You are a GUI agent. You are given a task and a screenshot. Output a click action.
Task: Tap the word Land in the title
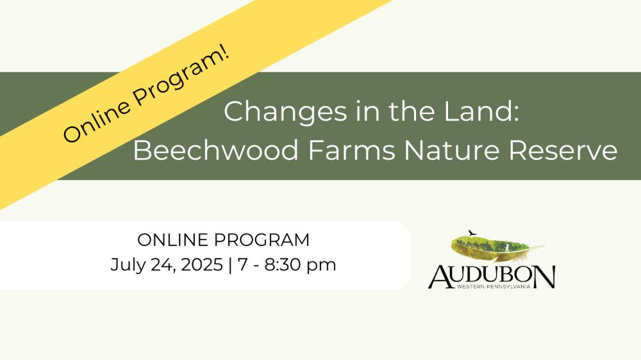[x=482, y=111]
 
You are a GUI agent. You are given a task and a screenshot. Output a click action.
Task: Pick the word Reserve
[x=563, y=150]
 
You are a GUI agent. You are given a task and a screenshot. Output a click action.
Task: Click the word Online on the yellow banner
[x=97, y=119]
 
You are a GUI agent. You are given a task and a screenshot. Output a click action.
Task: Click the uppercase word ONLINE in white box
[x=172, y=240]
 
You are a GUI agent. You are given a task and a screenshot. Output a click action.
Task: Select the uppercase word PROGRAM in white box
[x=262, y=240]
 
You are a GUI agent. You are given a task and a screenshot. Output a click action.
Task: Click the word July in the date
[x=126, y=265]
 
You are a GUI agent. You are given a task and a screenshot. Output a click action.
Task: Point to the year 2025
[x=202, y=265]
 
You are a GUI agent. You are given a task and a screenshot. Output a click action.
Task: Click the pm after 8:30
[x=321, y=266]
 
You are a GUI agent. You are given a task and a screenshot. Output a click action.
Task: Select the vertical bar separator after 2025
[x=230, y=265]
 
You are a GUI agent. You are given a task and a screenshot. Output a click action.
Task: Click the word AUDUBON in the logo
[x=492, y=277]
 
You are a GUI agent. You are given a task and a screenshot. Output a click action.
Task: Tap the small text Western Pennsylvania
[x=494, y=287]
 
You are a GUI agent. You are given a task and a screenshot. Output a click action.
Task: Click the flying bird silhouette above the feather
[x=472, y=233]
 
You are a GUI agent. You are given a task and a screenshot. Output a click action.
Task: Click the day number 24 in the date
[x=162, y=265]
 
